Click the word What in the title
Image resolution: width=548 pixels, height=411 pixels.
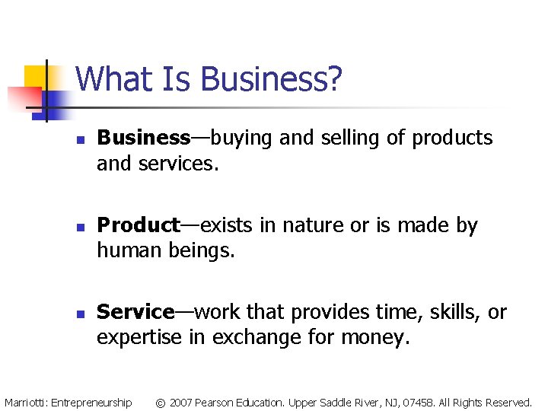106,79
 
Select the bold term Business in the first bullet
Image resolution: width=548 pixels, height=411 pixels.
144,138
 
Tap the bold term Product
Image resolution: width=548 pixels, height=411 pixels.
139,225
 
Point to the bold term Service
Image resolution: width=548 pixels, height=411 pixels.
136,312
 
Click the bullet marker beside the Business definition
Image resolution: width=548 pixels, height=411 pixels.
78,139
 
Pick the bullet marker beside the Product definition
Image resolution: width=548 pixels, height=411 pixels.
78,227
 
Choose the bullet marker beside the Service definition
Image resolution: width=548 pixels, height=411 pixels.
78,314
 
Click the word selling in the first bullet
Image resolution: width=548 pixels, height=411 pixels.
358,138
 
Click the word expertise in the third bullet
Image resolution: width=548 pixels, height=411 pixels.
139,336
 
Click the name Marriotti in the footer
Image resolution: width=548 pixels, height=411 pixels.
25,402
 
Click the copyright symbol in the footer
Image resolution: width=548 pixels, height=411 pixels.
160,402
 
